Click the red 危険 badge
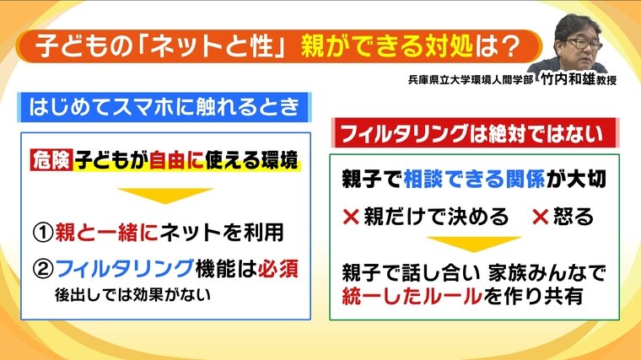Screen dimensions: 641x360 [x=51, y=160]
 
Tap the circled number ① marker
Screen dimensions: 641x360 [x=43, y=233]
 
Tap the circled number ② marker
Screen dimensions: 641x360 [x=43, y=269]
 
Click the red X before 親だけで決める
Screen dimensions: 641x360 [x=351, y=217]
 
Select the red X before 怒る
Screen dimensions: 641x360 [x=540, y=217]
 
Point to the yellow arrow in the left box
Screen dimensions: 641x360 [x=165, y=196]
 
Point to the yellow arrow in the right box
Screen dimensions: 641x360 [x=474, y=244]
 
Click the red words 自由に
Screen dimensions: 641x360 [x=176, y=160]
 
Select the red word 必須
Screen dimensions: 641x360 [x=278, y=269]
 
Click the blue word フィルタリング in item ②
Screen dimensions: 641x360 [x=124, y=269]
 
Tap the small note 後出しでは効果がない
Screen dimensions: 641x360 [x=133, y=294]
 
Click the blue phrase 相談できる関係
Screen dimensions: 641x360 [x=474, y=179]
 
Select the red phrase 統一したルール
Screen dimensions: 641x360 [x=412, y=296]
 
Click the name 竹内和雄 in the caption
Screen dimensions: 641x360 [x=568, y=79]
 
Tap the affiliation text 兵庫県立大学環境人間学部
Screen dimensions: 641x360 [x=471, y=80]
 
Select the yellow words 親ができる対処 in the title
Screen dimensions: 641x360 [x=387, y=46]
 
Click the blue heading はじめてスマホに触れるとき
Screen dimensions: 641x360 [x=164, y=107]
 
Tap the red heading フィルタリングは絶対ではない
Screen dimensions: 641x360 [x=472, y=133]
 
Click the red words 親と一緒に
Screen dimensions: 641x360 [x=107, y=233]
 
